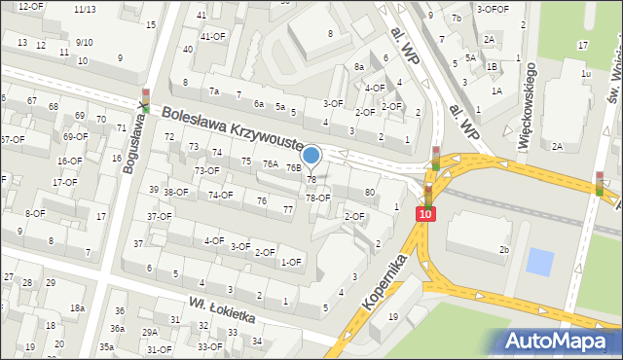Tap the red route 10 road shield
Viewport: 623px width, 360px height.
[x=426, y=212]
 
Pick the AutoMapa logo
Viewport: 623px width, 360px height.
[x=559, y=341]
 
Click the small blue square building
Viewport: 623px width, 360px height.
[x=538, y=261]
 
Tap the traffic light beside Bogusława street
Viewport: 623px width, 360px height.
[x=146, y=98]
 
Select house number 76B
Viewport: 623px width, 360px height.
[x=293, y=167]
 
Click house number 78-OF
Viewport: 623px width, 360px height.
[x=318, y=198]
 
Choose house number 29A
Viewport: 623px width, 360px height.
[x=149, y=332]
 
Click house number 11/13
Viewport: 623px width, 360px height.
[x=85, y=9]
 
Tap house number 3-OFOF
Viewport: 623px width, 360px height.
[x=493, y=9]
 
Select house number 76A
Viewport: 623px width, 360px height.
[x=271, y=164]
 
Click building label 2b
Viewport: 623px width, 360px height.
[x=504, y=250]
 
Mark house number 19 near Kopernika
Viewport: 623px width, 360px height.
[x=393, y=317]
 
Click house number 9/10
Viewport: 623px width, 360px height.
[x=84, y=42]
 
